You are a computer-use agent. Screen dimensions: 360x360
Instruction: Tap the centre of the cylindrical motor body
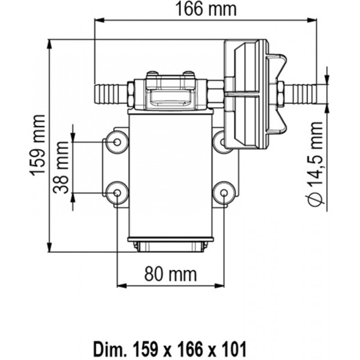(x=170, y=175)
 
